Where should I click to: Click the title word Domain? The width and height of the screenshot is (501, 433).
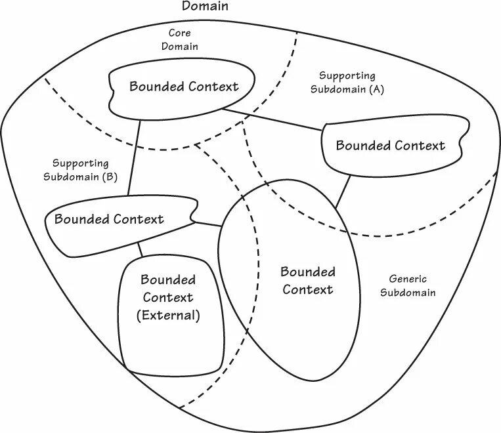(x=205, y=7)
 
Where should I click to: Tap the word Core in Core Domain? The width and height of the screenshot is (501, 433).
(x=180, y=33)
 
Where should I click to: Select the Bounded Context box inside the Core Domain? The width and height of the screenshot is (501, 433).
(x=183, y=87)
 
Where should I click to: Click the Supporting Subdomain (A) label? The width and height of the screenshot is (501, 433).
(x=347, y=83)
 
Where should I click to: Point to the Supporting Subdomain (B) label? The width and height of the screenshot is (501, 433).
(x=80, y=170)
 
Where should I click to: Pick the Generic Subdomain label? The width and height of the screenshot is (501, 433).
(x=407, y=286)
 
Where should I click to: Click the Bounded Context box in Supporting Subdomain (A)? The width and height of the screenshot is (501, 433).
(x=390, y=146)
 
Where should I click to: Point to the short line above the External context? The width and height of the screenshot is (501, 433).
(x=140, y=249)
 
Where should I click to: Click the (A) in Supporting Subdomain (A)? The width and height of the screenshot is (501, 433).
(x=376, y=90)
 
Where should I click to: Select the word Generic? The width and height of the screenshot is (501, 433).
(x=407, y=279)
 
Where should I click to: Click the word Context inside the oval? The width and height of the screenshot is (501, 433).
(x=308, y=289)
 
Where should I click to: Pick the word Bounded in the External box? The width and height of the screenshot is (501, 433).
(x=167, y=280)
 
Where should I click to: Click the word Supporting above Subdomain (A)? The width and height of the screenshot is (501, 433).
(x=347, y=76)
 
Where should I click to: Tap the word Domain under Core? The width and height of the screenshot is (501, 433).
(x=180, y=47)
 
